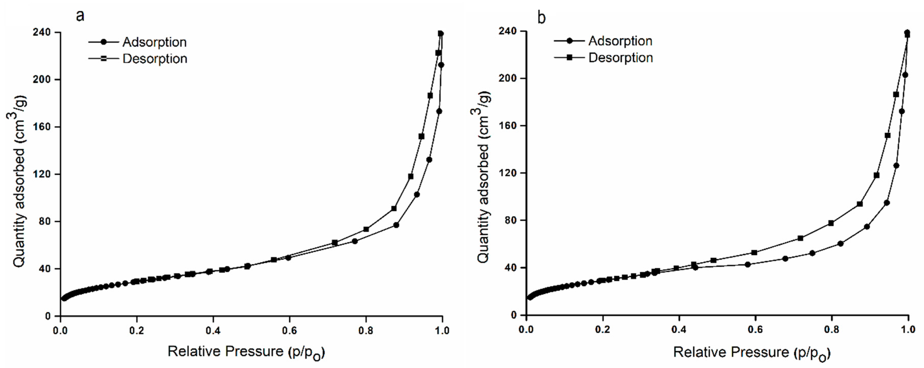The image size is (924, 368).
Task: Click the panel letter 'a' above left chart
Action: [80, 16]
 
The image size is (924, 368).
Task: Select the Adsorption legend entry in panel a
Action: [154, 42]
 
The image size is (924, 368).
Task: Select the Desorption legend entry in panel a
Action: [155, 59]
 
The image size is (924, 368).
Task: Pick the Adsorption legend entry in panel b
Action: [620, 41]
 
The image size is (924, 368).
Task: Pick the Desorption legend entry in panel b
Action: [620, 58]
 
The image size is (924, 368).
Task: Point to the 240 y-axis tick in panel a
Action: [42, 32]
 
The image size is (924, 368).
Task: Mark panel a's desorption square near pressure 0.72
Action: [335, 243]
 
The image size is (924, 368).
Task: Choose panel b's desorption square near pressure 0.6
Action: [754, 253]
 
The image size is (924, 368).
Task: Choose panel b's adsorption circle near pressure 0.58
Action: [748, 264]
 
